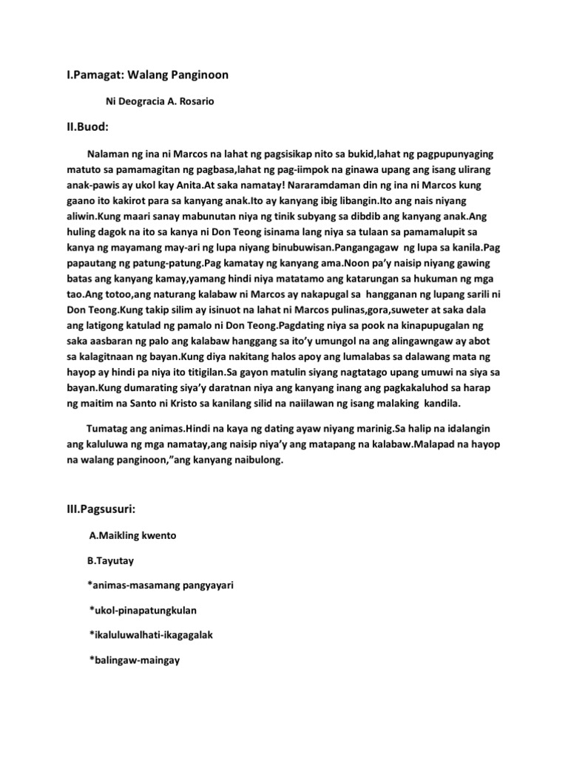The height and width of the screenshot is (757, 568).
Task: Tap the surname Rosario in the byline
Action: coord(196,101)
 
